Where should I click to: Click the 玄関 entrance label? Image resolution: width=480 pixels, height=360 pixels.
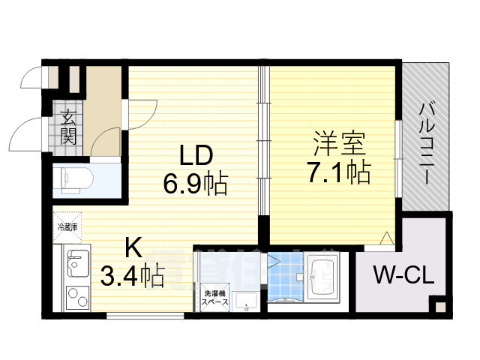pyautogui.click(x=68, y=126)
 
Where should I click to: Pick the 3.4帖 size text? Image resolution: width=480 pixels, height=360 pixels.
pyautogui.click(x=133, y=277)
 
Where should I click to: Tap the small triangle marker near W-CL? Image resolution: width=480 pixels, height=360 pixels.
pyautogui.click(x=386, y=239)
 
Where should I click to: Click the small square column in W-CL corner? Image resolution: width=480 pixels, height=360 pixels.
pyautogui.click(x=436, y=306)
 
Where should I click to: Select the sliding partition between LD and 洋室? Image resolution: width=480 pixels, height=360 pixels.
pyautogui.click(x=263, y=142)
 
